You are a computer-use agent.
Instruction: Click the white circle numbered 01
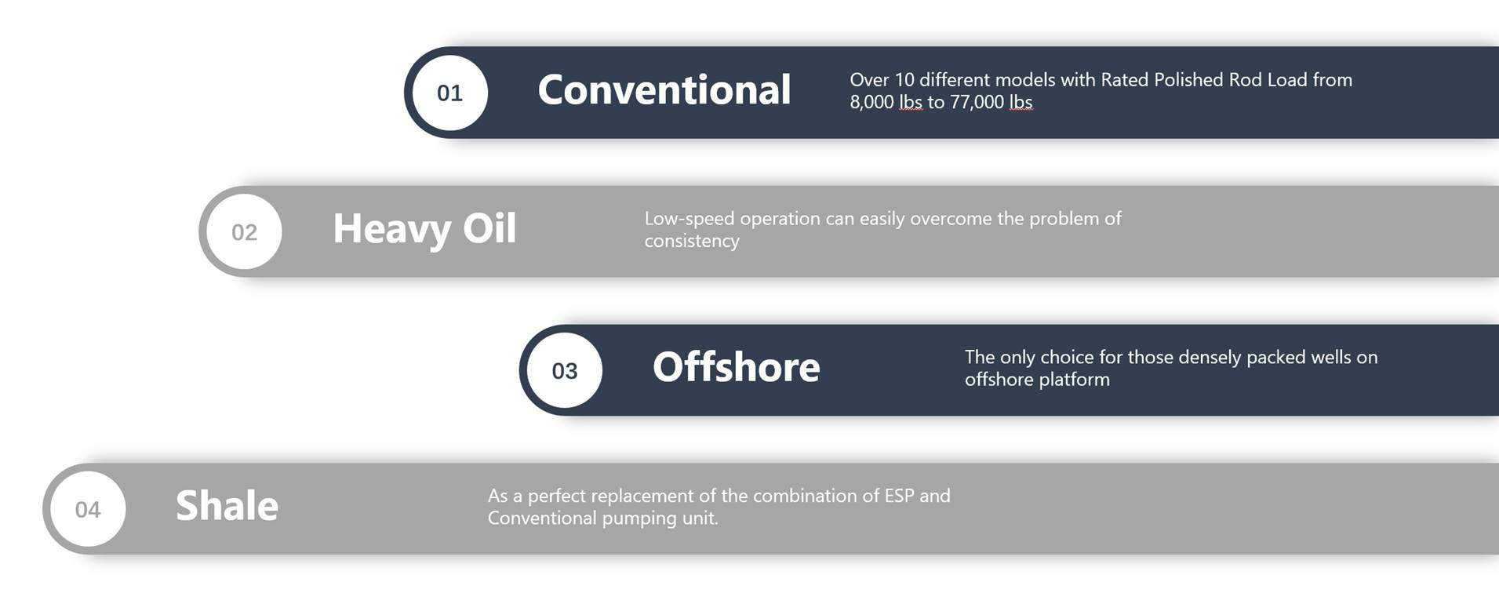[449, 93]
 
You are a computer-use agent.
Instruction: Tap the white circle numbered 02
[244, 231]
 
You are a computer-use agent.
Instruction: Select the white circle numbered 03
[564, 370]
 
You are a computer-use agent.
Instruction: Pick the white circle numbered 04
[88, 509]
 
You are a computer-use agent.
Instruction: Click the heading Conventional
[664, 89]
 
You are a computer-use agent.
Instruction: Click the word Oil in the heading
[489, 228]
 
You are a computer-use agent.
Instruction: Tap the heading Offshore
[737, 366]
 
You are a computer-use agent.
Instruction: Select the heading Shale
[227, 505]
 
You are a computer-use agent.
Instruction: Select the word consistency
[692, 241]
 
